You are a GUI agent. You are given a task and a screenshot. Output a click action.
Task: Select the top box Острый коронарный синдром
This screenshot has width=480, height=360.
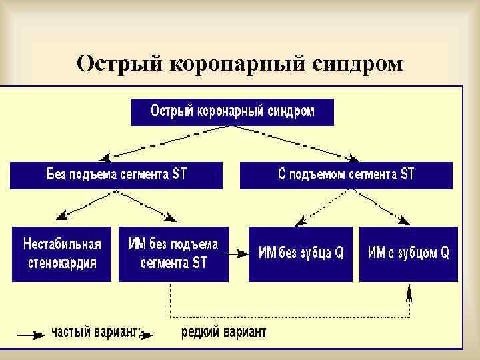[x=232, y=111]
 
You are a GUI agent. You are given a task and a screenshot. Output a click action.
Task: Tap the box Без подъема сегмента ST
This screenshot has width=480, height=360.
[x=117, y=175]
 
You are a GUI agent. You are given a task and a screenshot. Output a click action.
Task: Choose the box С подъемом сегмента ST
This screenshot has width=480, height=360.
[x=346, y=175]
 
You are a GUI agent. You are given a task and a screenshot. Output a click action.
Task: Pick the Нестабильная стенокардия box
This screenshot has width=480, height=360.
[x=62, y=253]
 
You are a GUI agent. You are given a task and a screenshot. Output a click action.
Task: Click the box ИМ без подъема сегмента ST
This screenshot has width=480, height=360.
[x=173, y=253]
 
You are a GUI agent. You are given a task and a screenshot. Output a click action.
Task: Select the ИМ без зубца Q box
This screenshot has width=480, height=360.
[x=301, y=253]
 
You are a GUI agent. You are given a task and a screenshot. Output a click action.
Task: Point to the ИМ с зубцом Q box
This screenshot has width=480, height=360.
[x=408, y=253]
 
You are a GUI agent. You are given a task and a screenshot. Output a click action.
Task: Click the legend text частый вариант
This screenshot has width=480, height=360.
[x=96, y=333]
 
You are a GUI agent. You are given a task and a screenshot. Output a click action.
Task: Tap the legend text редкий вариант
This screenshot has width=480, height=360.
[x=223, y=333]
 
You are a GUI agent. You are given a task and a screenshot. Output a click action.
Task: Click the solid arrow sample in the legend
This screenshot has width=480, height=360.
[x=30, y=335]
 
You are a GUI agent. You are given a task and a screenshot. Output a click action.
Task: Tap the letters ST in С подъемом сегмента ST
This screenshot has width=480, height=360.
[x=407, y=175]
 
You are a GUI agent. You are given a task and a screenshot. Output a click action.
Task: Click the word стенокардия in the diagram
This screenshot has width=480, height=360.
[x=62, y=262]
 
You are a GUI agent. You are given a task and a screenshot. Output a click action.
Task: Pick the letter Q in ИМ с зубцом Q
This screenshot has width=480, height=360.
[x=444, y=253]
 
